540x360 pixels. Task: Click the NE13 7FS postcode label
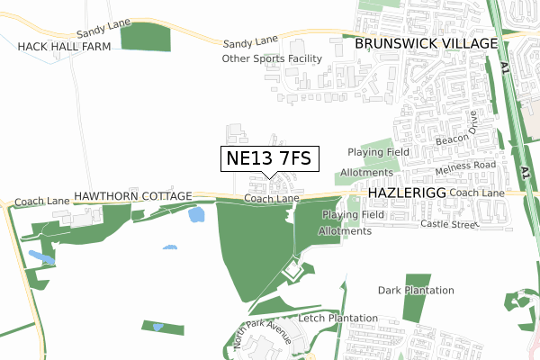[x=268, y=159]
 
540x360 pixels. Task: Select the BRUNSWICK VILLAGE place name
[x=426, y=43]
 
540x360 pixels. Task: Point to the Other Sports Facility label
[x=272, y=58]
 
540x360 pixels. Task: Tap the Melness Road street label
[x=464, y=166]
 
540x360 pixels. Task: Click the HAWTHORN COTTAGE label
[x=133, y=195]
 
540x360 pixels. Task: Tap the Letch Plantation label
[x=337, y=319]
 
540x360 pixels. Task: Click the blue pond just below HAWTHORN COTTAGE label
[x=195, y=215]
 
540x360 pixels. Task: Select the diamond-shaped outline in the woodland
[x=292, y=268]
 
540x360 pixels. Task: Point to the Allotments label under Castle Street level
[x=345, y=231]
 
